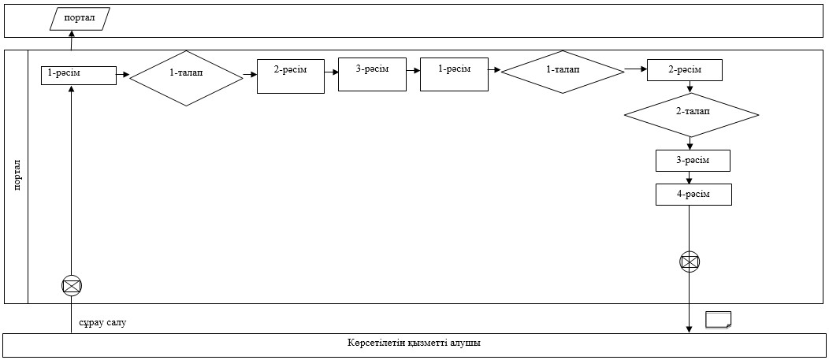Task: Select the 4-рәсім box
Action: click(693, 195)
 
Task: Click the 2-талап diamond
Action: click(692, 115)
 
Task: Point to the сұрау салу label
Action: click(103, 322)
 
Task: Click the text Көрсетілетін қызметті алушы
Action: click(414, 343)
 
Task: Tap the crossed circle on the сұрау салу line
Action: click(72, 286)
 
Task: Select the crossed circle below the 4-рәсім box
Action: click(690, 262)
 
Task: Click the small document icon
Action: click(719, 320)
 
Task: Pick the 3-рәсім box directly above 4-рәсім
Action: click(693, 161)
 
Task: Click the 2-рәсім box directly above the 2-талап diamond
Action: click(685, 71)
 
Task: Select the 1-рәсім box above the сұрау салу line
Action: click(79, 75)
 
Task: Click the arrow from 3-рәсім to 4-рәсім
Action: click(690, 177)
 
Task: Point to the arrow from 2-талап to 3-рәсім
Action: click(690, 143)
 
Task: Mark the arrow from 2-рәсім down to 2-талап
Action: click(690, 87)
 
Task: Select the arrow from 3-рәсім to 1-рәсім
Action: click(414, 69)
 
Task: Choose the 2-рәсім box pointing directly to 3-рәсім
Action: click(291, 76)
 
